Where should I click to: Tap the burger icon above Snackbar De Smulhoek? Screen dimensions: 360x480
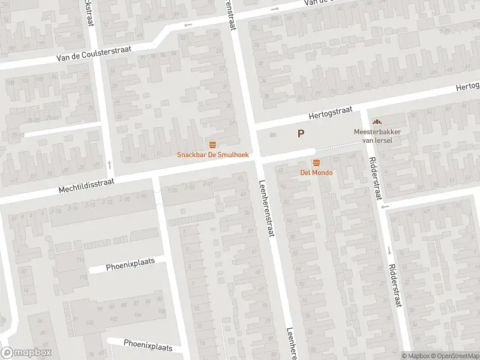212,145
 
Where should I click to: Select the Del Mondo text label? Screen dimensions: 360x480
316,173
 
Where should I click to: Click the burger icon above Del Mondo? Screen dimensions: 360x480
316,163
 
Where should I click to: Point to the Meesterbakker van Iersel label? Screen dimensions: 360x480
376,136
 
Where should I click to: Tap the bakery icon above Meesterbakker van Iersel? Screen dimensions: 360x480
377,122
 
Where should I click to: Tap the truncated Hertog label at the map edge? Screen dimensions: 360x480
468,86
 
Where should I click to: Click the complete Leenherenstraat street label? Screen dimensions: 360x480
266,209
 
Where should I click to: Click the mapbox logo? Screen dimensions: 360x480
26,353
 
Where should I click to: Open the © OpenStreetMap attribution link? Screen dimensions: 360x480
455,356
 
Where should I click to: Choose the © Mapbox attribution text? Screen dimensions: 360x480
416,356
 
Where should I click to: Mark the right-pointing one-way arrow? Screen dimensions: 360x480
275,9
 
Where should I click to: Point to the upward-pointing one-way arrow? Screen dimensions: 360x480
109,164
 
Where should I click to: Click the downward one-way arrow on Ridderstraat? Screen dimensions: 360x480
389,250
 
